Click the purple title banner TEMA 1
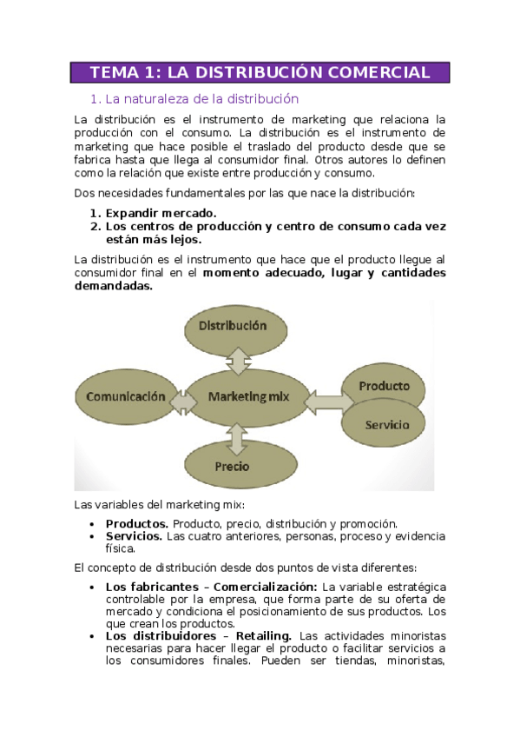[x=260, y=72]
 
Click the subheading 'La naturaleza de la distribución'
[x=201, y=99]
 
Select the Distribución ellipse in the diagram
[x=233, y=326]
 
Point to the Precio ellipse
[x=232, y=466]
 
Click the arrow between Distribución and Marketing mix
[x=236, y=358]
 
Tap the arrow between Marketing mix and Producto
[x=328, y=400]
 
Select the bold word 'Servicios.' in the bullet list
[x=134, y=536]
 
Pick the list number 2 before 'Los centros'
[x=95, y=226]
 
